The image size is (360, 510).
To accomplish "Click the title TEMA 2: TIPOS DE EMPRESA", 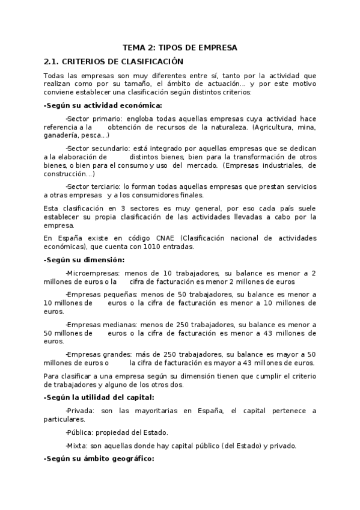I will click(x=180, y=47).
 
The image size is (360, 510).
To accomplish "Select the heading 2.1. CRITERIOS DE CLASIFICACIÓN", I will click(x=114, y=61).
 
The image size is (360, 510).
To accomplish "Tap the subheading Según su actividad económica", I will click(x=94, y=105).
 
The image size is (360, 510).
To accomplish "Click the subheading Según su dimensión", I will click(x=84, y=260).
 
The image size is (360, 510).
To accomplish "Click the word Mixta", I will click(x=77, y=446).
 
